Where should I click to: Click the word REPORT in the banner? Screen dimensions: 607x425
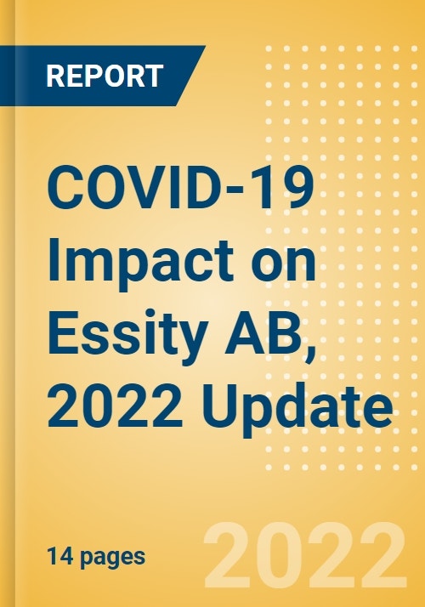[x=104, y=77]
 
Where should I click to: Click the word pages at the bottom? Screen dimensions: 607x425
[x=109, y=559]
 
